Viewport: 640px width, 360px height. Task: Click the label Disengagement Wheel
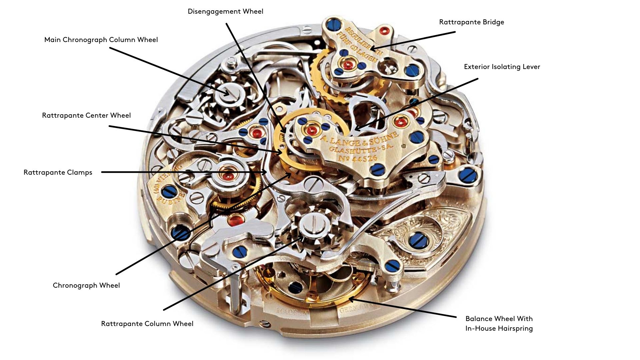pyautogui.click(x=225, y=12)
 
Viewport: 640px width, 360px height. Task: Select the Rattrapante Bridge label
pyautogui.click(x=471, y=22)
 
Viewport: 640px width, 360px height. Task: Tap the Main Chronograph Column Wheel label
pyautogui.click(x=101, y=40)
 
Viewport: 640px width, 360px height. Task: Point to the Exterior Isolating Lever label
pyautogui.click(x=502, y=67)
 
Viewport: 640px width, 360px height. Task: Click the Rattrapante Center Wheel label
pyautogui.click(x=86, y=116)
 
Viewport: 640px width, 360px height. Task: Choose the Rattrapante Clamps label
pyautogui.click(x=58, y=173)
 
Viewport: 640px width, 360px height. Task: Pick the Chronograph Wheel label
pyautogui.click(x=86, y=286)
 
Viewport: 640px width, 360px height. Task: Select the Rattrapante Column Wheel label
pyautogui.click(x=147, y=324)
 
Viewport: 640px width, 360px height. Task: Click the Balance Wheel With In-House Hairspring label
pyautogui.click(x=499, y=324)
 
